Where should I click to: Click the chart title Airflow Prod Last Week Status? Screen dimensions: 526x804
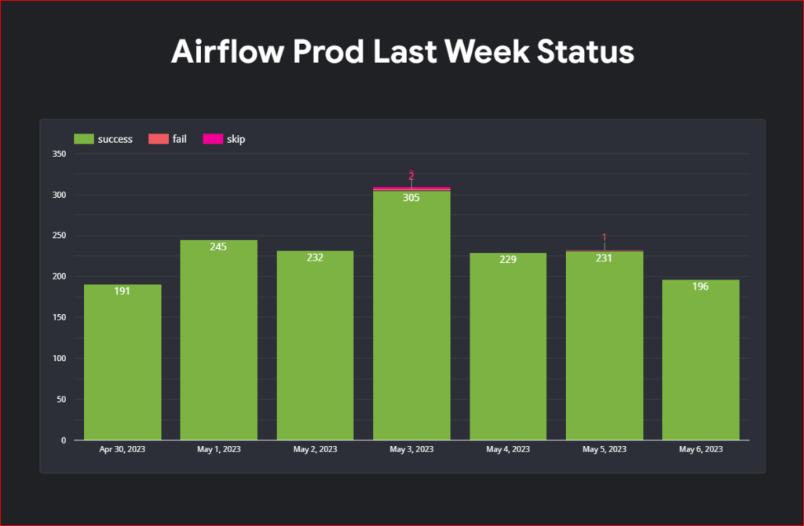click(x=402, y=52)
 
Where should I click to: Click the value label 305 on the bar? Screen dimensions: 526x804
click(x=411, y=198)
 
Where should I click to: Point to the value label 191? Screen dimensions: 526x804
click(x=122, y=291)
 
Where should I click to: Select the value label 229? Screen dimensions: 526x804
click(x=508, y=259)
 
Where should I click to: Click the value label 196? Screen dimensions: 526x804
click(x=700, y=287)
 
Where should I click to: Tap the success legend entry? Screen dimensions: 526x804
click(x=104, y=139)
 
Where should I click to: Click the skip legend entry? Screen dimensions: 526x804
click(x=225, y=139)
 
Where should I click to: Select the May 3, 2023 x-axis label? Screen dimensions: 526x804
click(x=411, y=450)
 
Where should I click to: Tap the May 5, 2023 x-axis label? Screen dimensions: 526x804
click(x=605, y=450)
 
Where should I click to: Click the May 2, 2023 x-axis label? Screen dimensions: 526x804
click(x=315, y=450)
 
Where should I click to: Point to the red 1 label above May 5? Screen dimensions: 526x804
click(x=605, y=237)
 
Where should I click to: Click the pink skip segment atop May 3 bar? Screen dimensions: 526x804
click(x=411, y=188)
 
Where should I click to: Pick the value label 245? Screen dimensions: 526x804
click(x=218, y=247)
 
